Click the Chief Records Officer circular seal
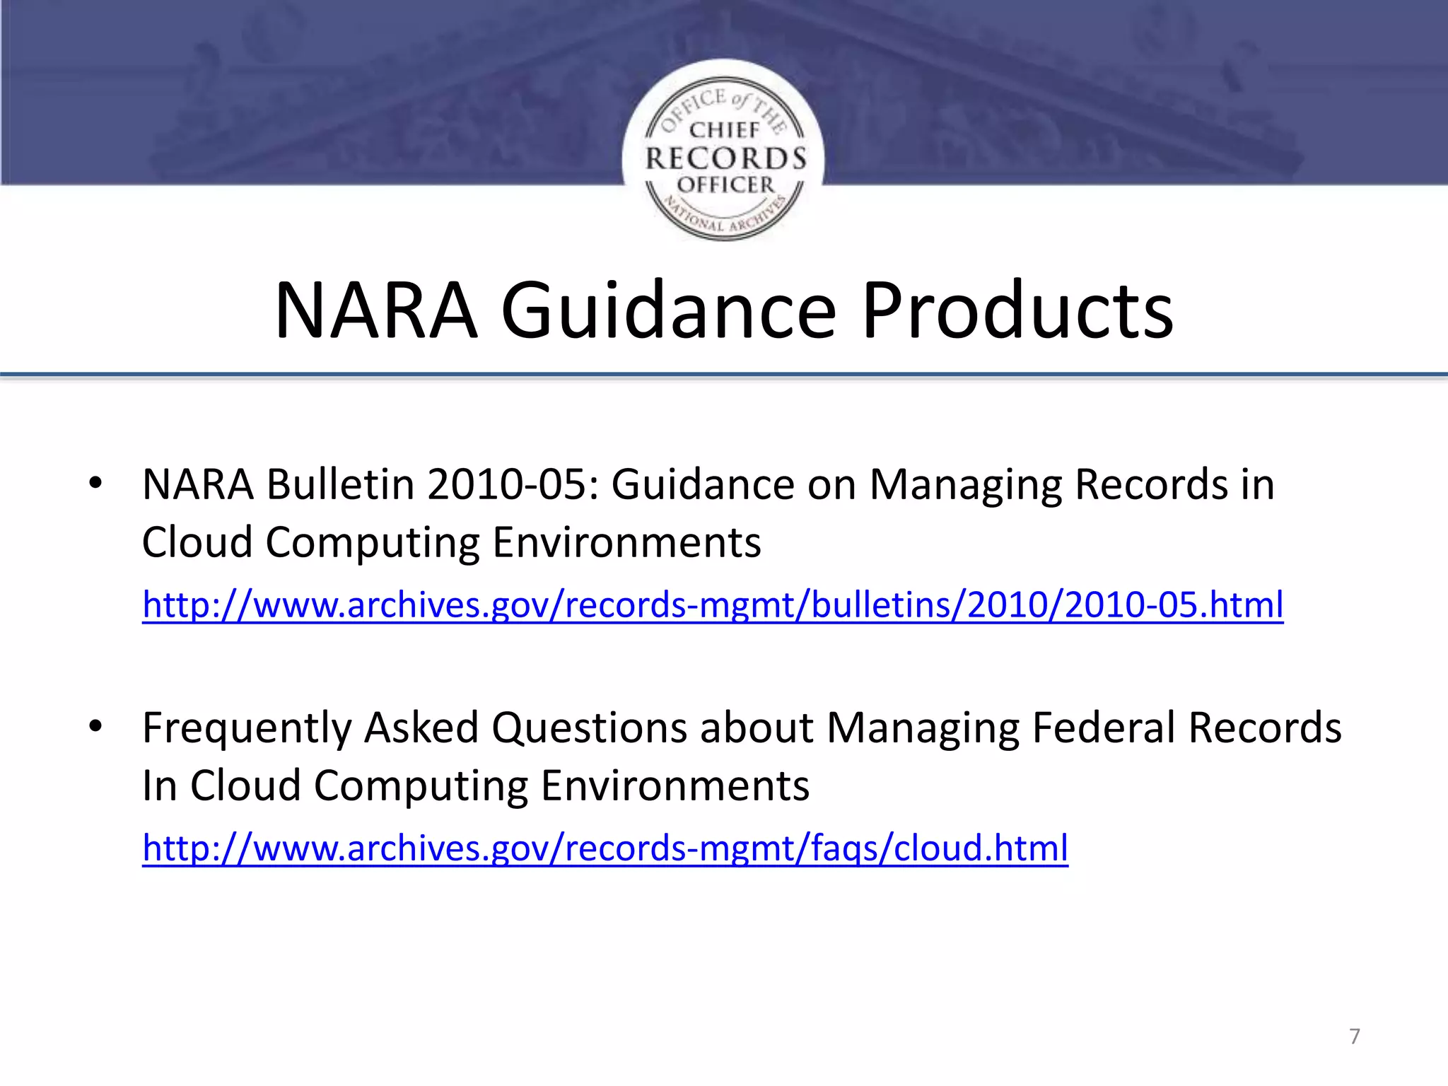723,151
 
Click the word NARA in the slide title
375,311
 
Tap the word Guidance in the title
668,311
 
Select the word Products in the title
1017,311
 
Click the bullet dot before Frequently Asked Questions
96,726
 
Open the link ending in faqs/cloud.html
605,848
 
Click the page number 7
1355,1036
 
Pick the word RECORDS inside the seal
726,158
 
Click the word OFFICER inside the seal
725,185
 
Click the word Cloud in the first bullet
197,543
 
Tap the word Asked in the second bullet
421,728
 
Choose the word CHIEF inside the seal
724,130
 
